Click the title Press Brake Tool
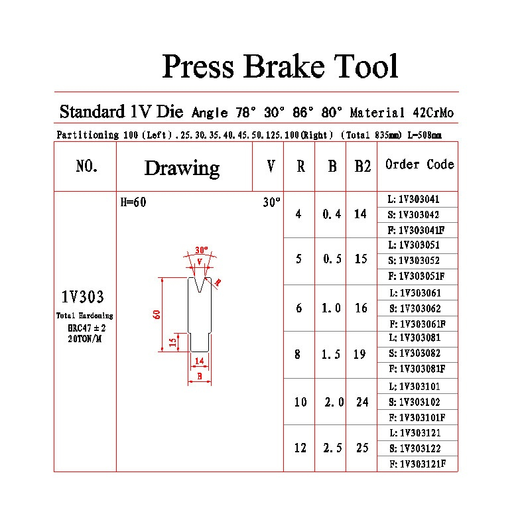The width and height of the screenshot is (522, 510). pyautogui.click(x=280, y=68)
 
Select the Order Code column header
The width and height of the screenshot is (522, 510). pyautogui.click(x=419, y=164)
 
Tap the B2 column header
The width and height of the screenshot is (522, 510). pyautogui.click(x=362, y=166)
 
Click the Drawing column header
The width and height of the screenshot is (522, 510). pyautogui.click(x=182, y=168)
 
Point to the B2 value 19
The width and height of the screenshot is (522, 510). pyautogui.click(x=359, y=355)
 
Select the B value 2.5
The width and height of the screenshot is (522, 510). pyautogui.click(x=332, y=448)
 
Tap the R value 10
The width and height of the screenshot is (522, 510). pyautogui.click(x=300, y=402)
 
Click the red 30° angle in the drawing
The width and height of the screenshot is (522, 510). pyautogui.click(x=202, y=251)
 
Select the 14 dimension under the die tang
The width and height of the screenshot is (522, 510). pyautogui.click(x=199, y=361)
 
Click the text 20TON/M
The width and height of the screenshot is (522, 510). pyautogui.click(x=85, y=338)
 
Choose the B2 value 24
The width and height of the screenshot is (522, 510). pyautogui.click(x=361, y=402)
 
